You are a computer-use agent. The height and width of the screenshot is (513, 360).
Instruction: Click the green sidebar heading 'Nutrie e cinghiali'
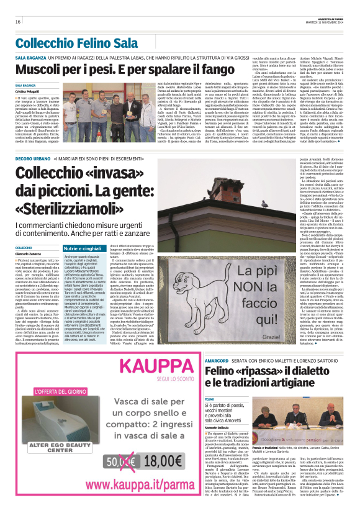click(x=82, y=248)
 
